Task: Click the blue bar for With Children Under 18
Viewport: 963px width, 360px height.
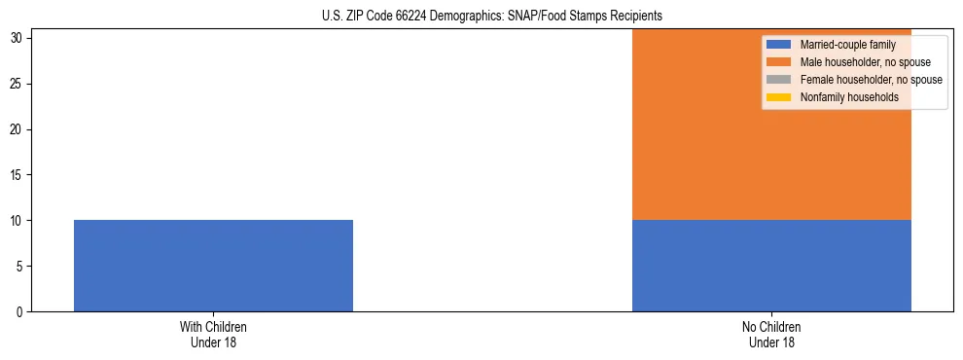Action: (x=213, y=266)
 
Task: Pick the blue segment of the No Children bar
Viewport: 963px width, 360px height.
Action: (x=771, y=266)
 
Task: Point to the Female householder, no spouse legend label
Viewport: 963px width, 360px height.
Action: (x=871, y=80)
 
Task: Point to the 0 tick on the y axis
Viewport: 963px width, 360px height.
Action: (x=20, y=312)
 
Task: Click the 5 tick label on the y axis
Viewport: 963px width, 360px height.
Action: (x=20, y=267)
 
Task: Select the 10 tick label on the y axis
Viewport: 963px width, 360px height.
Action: (x=18, y=221)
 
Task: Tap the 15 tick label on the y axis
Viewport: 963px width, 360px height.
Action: (x=18, y=175)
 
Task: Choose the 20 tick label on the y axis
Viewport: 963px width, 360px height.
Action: (x=18, y=129)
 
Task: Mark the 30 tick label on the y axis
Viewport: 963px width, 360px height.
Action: (x=18, y=38)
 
